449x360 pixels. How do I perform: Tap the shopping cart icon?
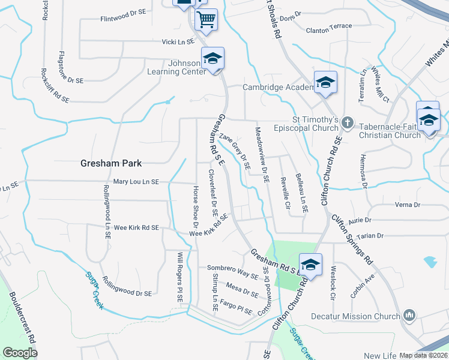click(x=206, y=20)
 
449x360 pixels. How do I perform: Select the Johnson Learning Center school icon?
click(x=212, y=59)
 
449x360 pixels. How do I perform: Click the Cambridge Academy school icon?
click(x=325, y=83)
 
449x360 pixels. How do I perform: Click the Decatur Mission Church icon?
click(x=409, y=315)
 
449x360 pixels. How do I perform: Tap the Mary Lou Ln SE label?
click(x=136, y=182)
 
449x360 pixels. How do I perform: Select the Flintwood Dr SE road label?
click(x=124, y=12)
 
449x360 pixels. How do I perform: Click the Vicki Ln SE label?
click(x=178, y=42)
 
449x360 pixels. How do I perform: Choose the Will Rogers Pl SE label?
click(x=179, y=277)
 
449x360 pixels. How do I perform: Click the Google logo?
click(x=20, y=353)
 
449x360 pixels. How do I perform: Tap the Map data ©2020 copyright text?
click(x=423, y=355)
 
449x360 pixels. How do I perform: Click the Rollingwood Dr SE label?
click(x=127, y=287)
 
